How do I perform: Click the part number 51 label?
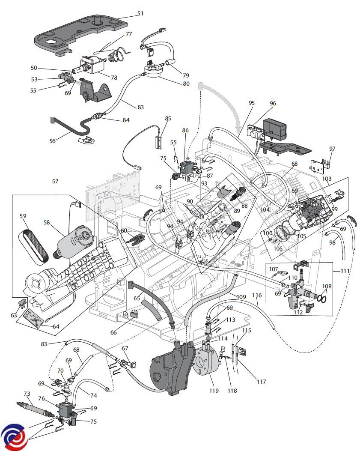[140, 13]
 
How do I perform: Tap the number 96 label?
[273, 104]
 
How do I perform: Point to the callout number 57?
[55, 182]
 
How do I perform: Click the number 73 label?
[27, 393]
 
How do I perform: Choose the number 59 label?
[23, 216]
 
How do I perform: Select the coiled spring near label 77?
[117, 55]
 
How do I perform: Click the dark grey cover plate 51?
[81, 34]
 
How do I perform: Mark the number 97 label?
[332, 149]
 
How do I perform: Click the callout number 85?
[168, 118]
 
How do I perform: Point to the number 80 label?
[186, 84]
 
